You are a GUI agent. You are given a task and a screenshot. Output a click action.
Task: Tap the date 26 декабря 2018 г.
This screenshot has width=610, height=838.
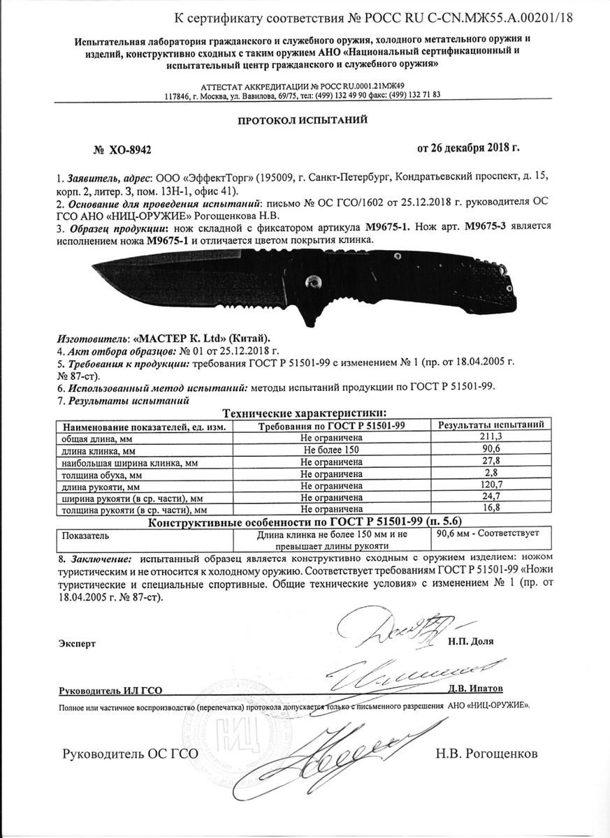tap(468, 148)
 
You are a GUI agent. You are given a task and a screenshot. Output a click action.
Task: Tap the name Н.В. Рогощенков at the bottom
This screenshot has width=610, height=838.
tap(486, 754)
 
